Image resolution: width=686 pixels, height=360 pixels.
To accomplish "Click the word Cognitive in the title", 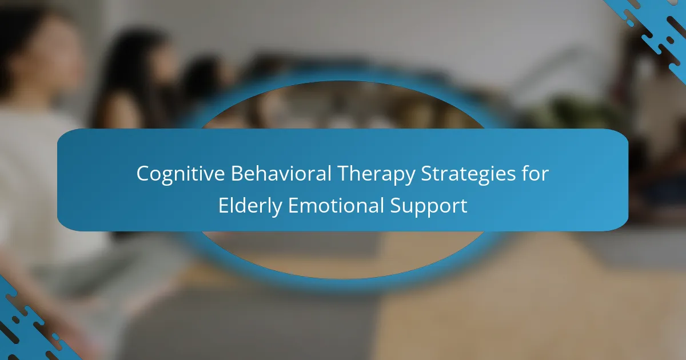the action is [181, 174].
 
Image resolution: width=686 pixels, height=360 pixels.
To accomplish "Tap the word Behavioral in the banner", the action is [281, 173].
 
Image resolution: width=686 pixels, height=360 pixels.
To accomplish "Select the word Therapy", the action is [376, 174].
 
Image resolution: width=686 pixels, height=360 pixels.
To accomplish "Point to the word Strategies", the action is [468, 174].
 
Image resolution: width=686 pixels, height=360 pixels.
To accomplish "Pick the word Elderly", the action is [250, 206].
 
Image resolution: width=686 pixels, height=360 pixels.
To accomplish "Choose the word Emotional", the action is [336, 205].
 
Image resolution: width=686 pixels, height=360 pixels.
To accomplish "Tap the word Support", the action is [429, 206].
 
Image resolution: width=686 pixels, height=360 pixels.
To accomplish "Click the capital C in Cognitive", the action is [143, 174].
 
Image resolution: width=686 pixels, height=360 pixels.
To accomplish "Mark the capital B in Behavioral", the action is [237, 174].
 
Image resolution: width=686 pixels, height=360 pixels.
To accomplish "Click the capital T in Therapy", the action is [344, 174].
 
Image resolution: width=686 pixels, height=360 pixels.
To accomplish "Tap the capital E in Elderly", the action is [224, 205].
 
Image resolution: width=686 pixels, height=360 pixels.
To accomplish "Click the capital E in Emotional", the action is [294, 205].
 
